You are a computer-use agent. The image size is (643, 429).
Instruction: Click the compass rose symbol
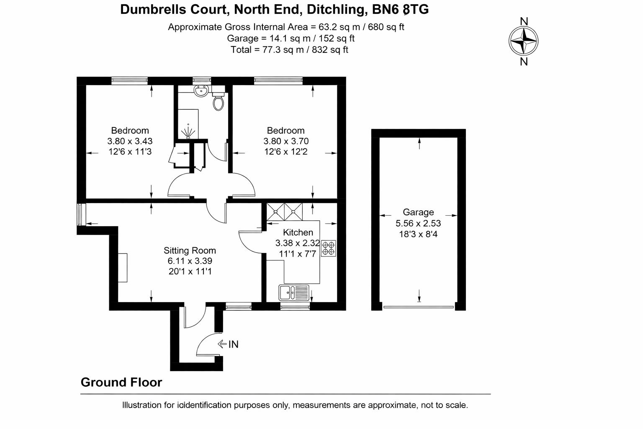523,41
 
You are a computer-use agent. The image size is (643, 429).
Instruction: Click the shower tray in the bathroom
188,124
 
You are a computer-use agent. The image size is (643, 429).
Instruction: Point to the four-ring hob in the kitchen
329,248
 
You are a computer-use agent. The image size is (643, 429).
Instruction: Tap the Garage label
418,212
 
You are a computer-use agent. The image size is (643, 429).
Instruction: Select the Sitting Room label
190,251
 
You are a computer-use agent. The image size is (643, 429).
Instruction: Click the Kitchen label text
298,233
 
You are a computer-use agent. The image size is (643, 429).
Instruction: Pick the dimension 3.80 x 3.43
130,141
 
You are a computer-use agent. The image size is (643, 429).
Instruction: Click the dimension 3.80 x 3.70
286,141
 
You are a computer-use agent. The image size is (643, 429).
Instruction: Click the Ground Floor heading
121,382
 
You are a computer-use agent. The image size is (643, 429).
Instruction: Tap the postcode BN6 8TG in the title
401,9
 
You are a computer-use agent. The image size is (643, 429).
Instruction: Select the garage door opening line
419,307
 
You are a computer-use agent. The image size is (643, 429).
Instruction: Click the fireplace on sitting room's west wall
123,268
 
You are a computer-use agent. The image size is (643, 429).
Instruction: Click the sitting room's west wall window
81,214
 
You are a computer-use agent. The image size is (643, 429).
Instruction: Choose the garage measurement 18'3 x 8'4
418,234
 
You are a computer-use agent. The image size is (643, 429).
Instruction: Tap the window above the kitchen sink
295,307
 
